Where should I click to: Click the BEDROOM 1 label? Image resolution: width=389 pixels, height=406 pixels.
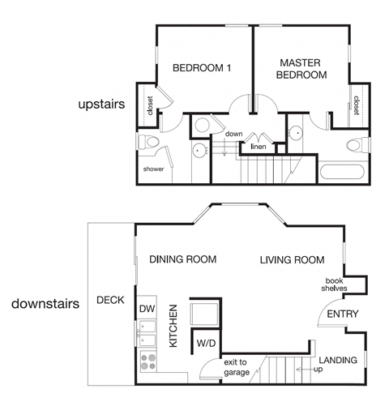(202, 69)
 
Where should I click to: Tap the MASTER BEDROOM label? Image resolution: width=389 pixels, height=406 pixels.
(303, 68)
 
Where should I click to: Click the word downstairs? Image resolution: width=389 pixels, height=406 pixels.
(45, 306)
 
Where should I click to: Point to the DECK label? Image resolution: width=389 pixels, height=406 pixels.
(109, 300)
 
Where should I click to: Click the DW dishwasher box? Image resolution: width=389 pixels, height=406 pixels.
(147, 309)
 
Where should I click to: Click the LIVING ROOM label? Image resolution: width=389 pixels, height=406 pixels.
(292, 260)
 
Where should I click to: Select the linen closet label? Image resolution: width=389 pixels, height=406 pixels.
(259, 147)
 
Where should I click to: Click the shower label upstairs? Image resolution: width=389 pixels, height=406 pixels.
(153, 169)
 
